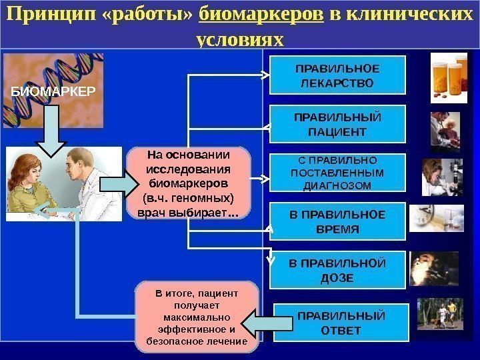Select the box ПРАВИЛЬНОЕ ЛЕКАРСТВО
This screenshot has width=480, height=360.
[337, 75]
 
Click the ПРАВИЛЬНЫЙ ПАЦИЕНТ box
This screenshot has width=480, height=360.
[337, 124]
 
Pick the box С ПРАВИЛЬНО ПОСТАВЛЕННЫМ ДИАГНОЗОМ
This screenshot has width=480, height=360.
[337, 173]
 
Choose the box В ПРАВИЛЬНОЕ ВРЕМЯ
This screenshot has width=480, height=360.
[337, 221]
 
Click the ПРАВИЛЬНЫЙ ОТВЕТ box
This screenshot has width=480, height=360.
[339, 322]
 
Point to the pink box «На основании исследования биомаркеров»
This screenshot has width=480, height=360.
[189, 183]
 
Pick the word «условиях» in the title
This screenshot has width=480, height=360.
[241, 39]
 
